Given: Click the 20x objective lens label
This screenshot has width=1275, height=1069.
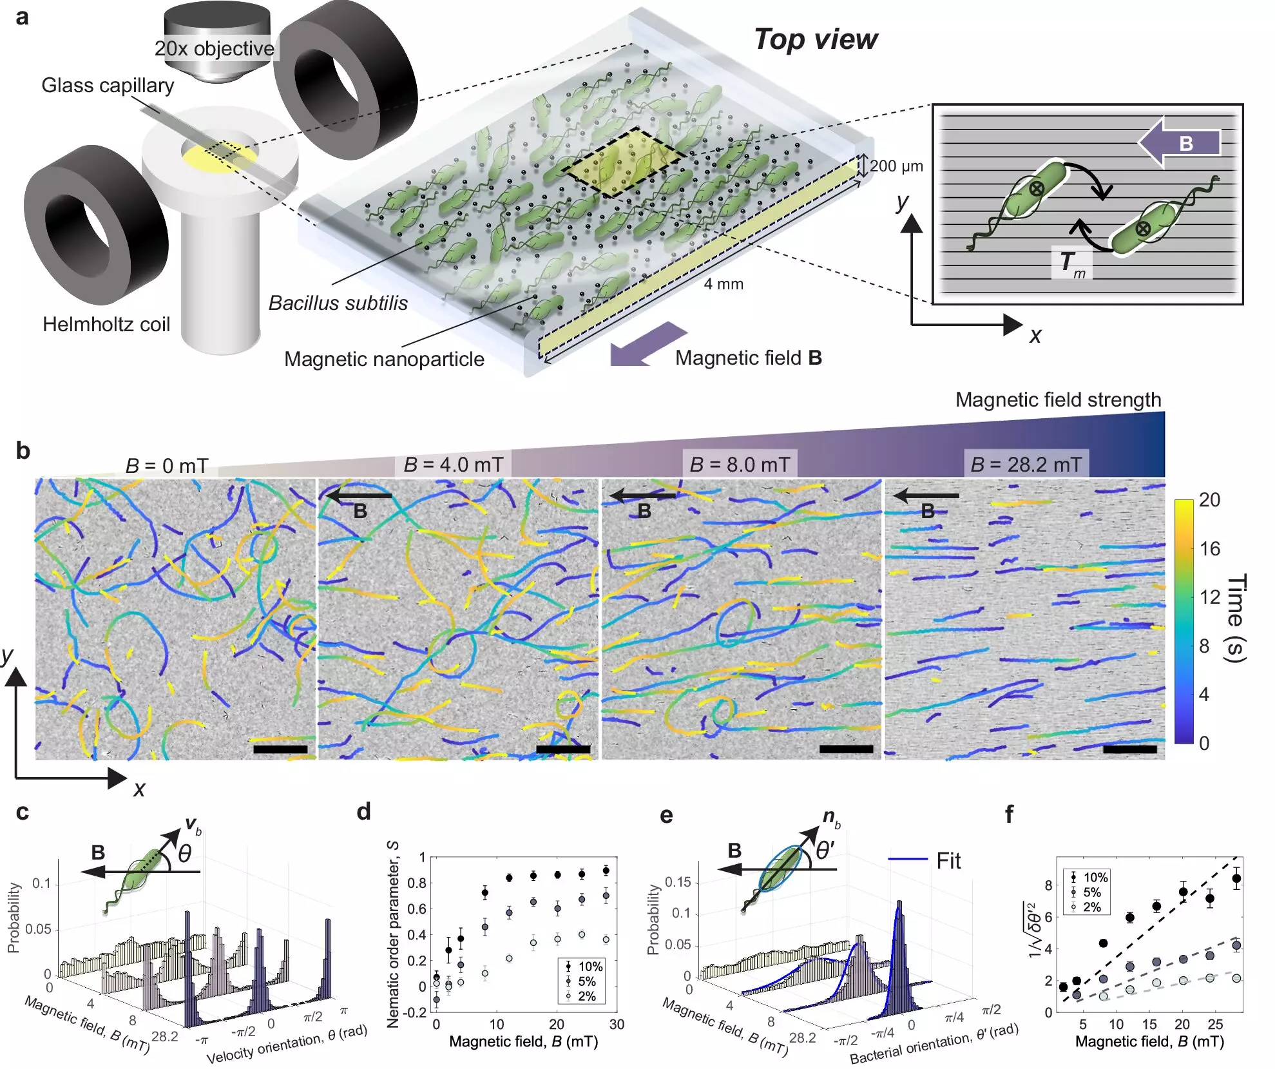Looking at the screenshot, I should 214,49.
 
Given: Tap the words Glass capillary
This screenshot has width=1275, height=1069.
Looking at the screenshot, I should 108,86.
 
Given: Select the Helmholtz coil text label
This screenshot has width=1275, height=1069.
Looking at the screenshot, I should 106,324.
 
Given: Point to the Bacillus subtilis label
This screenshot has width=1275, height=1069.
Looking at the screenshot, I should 338,303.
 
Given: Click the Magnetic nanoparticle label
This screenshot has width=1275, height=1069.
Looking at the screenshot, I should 384,359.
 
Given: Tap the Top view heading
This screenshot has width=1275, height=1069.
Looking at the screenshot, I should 816,39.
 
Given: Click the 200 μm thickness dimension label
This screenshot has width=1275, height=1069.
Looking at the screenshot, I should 896,166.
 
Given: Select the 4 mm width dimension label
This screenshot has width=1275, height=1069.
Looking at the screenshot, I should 724,284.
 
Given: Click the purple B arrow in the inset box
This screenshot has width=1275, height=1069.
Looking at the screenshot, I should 1180,142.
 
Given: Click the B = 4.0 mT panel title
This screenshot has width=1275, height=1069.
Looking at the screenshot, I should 453,465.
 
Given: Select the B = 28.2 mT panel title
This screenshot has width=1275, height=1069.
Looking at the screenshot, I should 1026,465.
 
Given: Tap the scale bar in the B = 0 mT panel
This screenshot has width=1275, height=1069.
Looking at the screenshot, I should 280,749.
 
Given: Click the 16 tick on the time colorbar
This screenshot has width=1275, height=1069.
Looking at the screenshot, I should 1209,549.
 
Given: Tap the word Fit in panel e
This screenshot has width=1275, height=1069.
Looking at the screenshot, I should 948,861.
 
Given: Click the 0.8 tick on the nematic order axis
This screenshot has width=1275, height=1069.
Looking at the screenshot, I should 418,883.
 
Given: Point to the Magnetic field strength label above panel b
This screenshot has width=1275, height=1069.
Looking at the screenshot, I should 1058,400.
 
